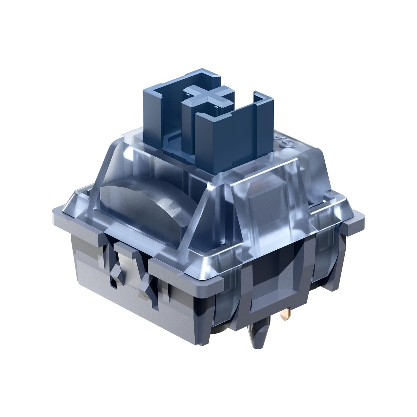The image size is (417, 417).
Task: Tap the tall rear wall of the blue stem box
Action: [x=180, y=78]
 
